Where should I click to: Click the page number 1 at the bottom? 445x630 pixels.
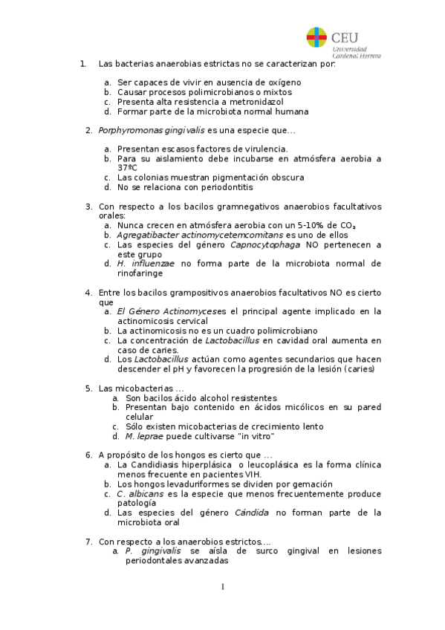pos(221,588)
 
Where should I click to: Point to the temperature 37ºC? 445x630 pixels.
pos(127,168)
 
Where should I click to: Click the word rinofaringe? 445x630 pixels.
pos(141,273)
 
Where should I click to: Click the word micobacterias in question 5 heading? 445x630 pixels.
pos(142,389)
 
